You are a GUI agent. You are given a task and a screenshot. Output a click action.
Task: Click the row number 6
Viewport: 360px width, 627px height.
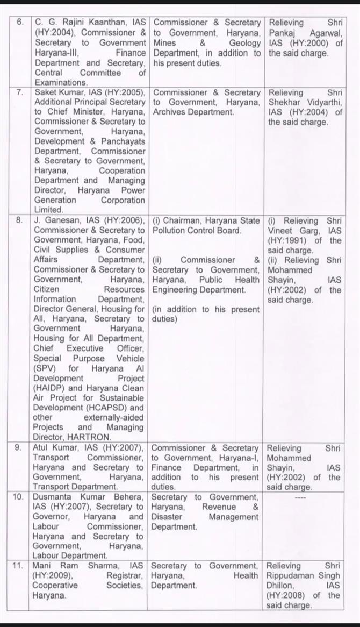tap(20, 23)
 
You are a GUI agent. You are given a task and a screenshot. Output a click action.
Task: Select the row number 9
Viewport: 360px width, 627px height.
tap(20, 448)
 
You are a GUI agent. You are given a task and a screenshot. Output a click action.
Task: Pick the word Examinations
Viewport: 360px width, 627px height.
tap(61, 82)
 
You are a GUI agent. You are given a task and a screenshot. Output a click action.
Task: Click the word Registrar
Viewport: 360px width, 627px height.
tap(96, 575)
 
